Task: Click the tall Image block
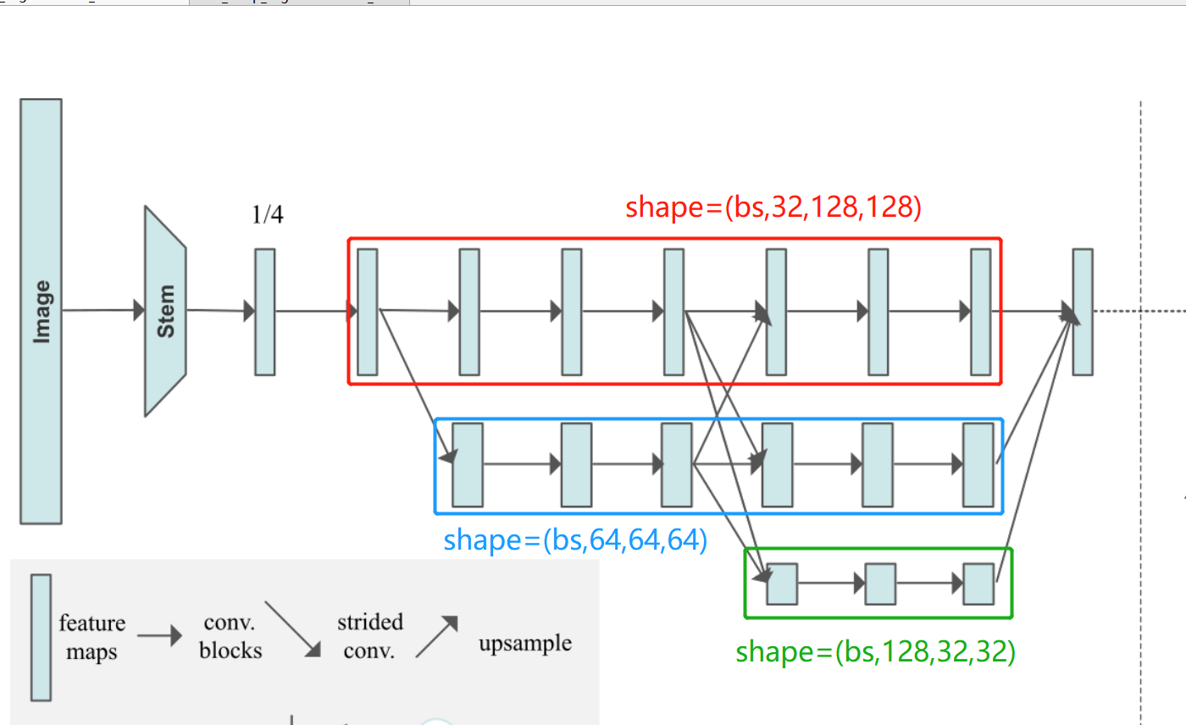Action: point(41,311)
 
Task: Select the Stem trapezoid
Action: point(165,311)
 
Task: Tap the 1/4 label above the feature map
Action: point(268,215)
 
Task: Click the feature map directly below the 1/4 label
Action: point(264,313)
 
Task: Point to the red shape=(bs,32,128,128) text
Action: point(773,207)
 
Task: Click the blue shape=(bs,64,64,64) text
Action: point(575,540)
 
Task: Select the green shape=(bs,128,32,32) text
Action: point(876,651)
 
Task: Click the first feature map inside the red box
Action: point(368,313)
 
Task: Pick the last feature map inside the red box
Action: point(981,313)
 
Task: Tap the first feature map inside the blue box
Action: point(468,465)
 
